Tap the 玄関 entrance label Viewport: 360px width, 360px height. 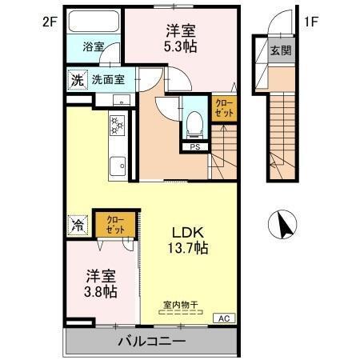(281, 52)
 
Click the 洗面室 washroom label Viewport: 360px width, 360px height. (106, 79)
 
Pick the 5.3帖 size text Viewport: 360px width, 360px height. (182, 47)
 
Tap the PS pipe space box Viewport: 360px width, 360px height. (194, 147)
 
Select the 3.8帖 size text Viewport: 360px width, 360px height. (102, 292)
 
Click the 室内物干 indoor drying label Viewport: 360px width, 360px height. (181, 304)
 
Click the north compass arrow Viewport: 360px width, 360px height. (283, 223)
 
